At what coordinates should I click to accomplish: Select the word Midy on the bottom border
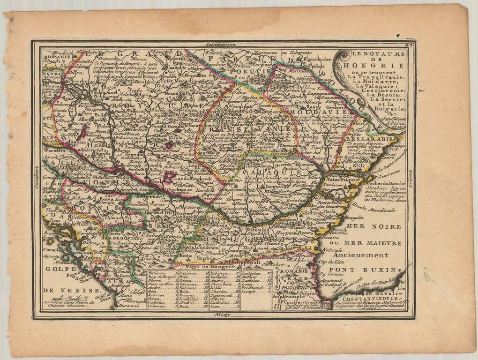[218, 315]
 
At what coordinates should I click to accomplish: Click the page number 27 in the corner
[409, 45]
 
